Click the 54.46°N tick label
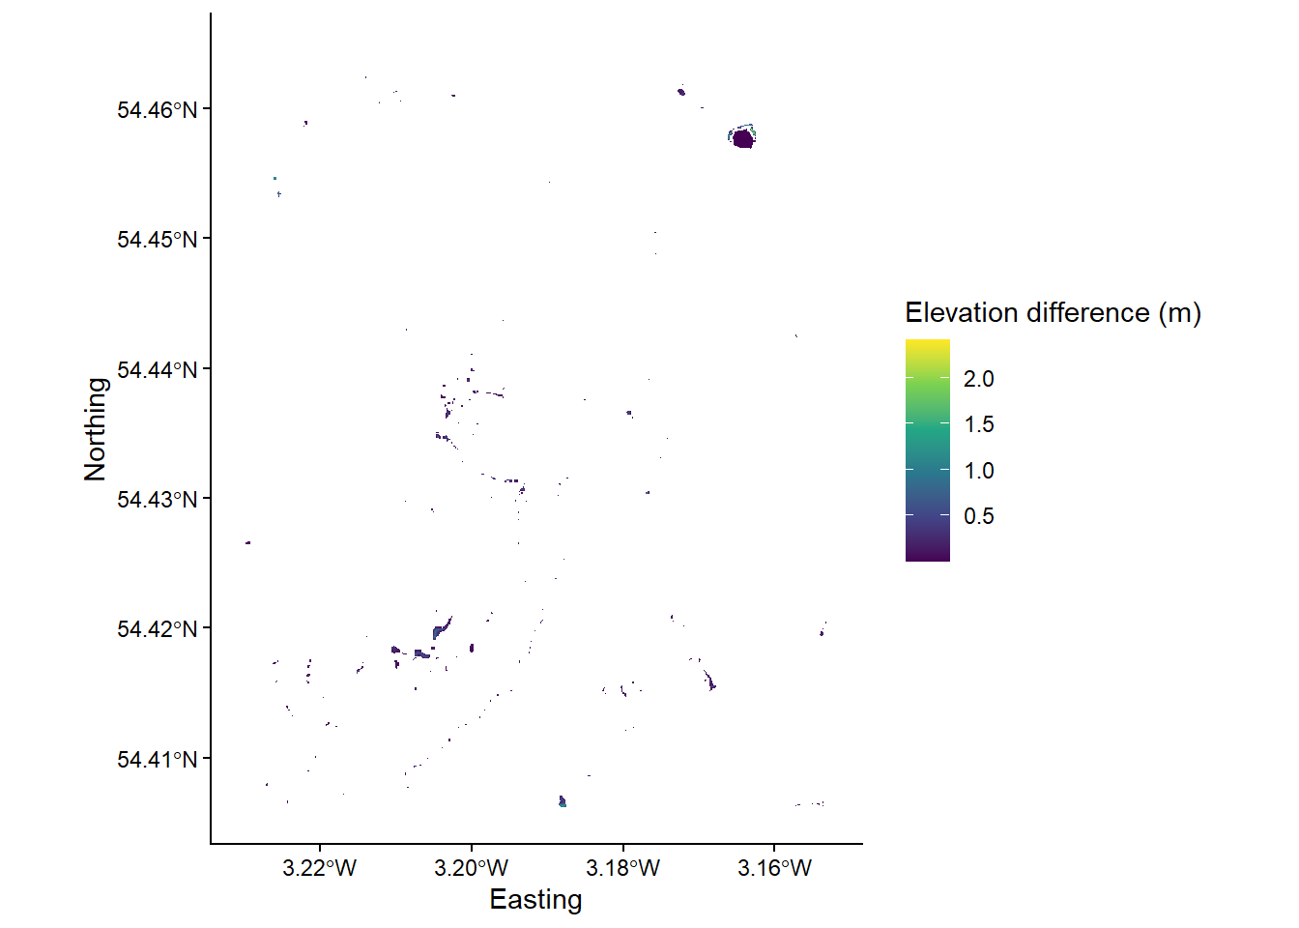click(157, 110)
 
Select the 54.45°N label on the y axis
click(157, 240)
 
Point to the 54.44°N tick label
click(157, 370)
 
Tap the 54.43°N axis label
click(157, 500)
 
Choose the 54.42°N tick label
click(157, 629)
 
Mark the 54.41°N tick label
click(157, 760)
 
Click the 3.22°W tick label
click(320, 868)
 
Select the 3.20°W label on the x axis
click(472, 868)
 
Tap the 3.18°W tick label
click(622, 868)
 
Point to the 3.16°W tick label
click(774, 868)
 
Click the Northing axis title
click(96, 429)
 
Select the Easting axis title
click(535, 900)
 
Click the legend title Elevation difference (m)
click(1053, 313)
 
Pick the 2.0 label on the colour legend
click(978, 379)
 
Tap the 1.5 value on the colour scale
click(978, 424)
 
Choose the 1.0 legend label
click(978, 471)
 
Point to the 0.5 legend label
click(978, 516)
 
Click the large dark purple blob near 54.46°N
click(742, 139)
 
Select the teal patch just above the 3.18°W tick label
click(563, 801)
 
